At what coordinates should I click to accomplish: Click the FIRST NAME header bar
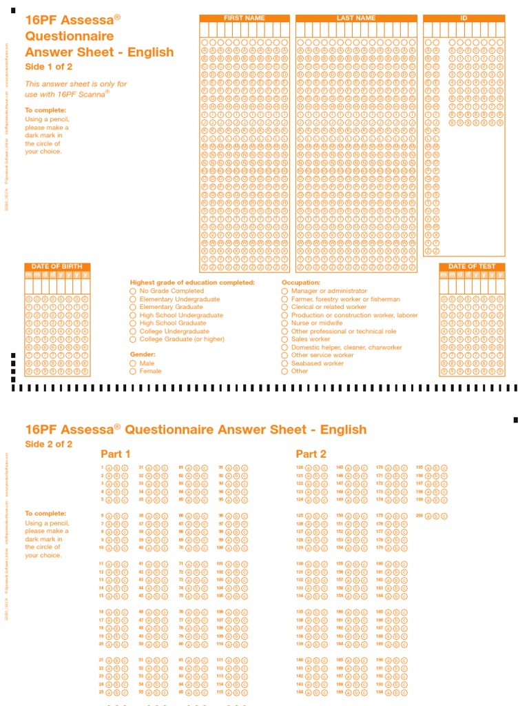point(244,18)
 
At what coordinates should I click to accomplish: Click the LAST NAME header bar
point(356,18)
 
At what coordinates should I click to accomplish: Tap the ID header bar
point(464,18)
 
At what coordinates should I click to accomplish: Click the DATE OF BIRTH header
point(57,267)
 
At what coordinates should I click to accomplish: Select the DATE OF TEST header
point(472,267)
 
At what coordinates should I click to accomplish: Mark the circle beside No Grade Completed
point(133,291)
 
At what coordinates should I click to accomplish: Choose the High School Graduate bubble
point(133,323)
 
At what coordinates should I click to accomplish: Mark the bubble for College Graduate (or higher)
point(133,339)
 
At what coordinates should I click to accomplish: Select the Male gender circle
point(133,363)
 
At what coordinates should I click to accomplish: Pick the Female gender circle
point(133,372)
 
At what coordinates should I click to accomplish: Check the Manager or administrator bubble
point(284,291)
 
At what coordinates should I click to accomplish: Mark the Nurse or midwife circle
point(284,323)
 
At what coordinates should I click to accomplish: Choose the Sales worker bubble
point(284,339)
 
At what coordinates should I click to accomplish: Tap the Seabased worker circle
point(284,363)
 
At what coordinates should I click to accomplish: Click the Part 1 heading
point(116,454)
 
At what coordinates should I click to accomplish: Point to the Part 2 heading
point(311,454)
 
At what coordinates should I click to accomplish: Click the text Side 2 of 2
point(48,444)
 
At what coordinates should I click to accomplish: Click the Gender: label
point(143,354)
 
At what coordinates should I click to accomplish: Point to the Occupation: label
point(301,283)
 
